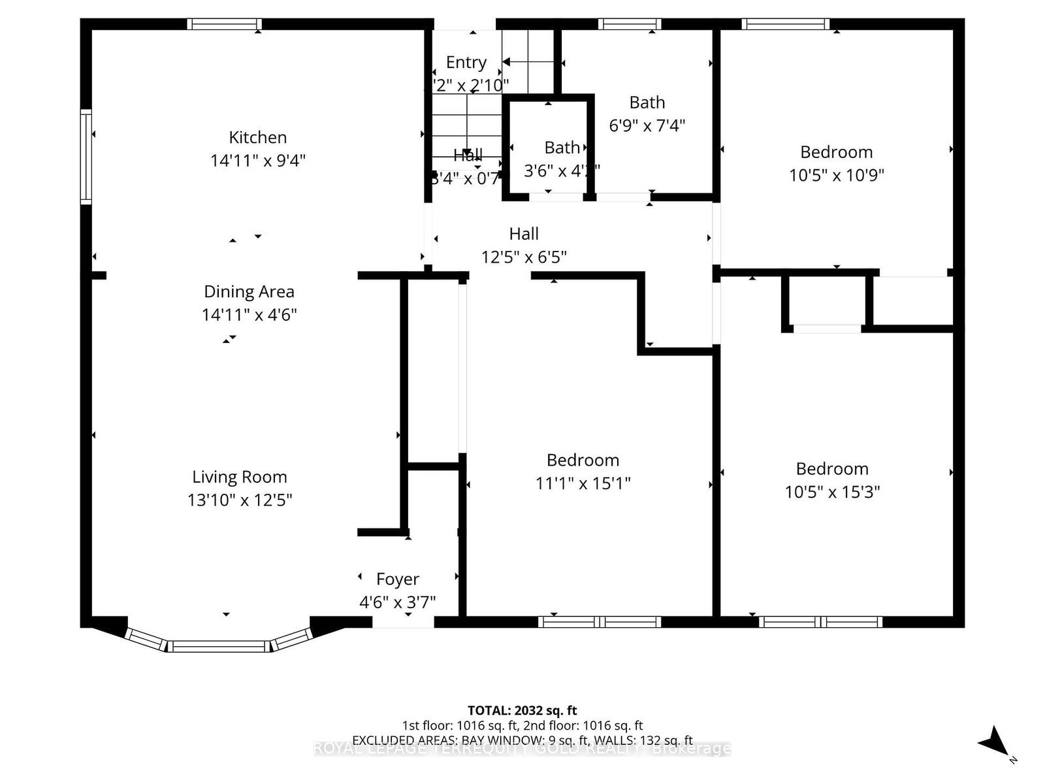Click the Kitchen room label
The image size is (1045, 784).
coord(257,137)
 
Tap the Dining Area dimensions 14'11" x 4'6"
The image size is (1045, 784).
coord(249,315)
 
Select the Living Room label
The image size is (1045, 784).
coord(239,477)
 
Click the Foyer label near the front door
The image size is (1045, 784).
coord(397,580)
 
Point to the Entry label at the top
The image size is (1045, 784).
coord(466,62)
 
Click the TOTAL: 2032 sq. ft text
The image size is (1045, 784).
coord(522,710)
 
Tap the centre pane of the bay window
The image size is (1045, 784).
coord(220,646)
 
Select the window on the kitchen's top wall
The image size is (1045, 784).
coord(224,24)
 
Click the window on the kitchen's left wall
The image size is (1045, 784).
coord(86,157)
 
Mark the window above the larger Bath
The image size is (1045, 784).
coord(630,24)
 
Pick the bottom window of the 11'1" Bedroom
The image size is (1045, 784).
coord(600,621)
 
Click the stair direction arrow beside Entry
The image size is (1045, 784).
coord(516,62)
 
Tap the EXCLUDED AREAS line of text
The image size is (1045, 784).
coord(522,740)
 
